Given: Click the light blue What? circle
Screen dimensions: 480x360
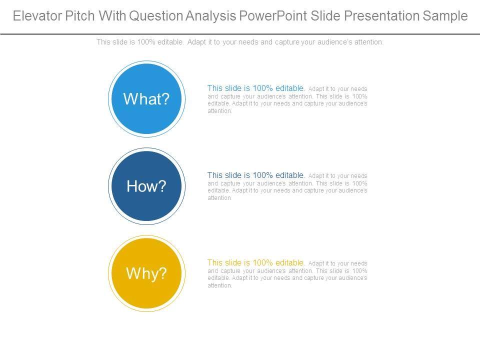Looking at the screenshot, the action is click(146, 99).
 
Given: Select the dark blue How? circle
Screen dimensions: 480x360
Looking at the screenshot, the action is click(146, 186).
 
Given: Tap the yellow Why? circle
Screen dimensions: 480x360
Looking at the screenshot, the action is click(146, 273).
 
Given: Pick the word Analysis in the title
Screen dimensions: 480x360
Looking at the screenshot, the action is click(211, 16).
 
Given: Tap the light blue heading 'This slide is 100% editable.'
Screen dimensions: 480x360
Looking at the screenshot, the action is click(256, 88).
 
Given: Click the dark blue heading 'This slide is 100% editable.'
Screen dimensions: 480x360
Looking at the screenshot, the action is click(256, 175).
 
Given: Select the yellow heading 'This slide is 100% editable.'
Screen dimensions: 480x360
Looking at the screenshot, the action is click(256, 262).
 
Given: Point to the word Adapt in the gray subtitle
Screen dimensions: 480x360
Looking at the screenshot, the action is click(196, 42).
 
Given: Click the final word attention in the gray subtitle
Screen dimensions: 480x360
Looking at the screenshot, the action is click(368, 42).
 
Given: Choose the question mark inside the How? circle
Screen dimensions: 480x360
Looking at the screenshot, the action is click(162, 186).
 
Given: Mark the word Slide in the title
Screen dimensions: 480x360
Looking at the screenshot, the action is click(325, 16).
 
